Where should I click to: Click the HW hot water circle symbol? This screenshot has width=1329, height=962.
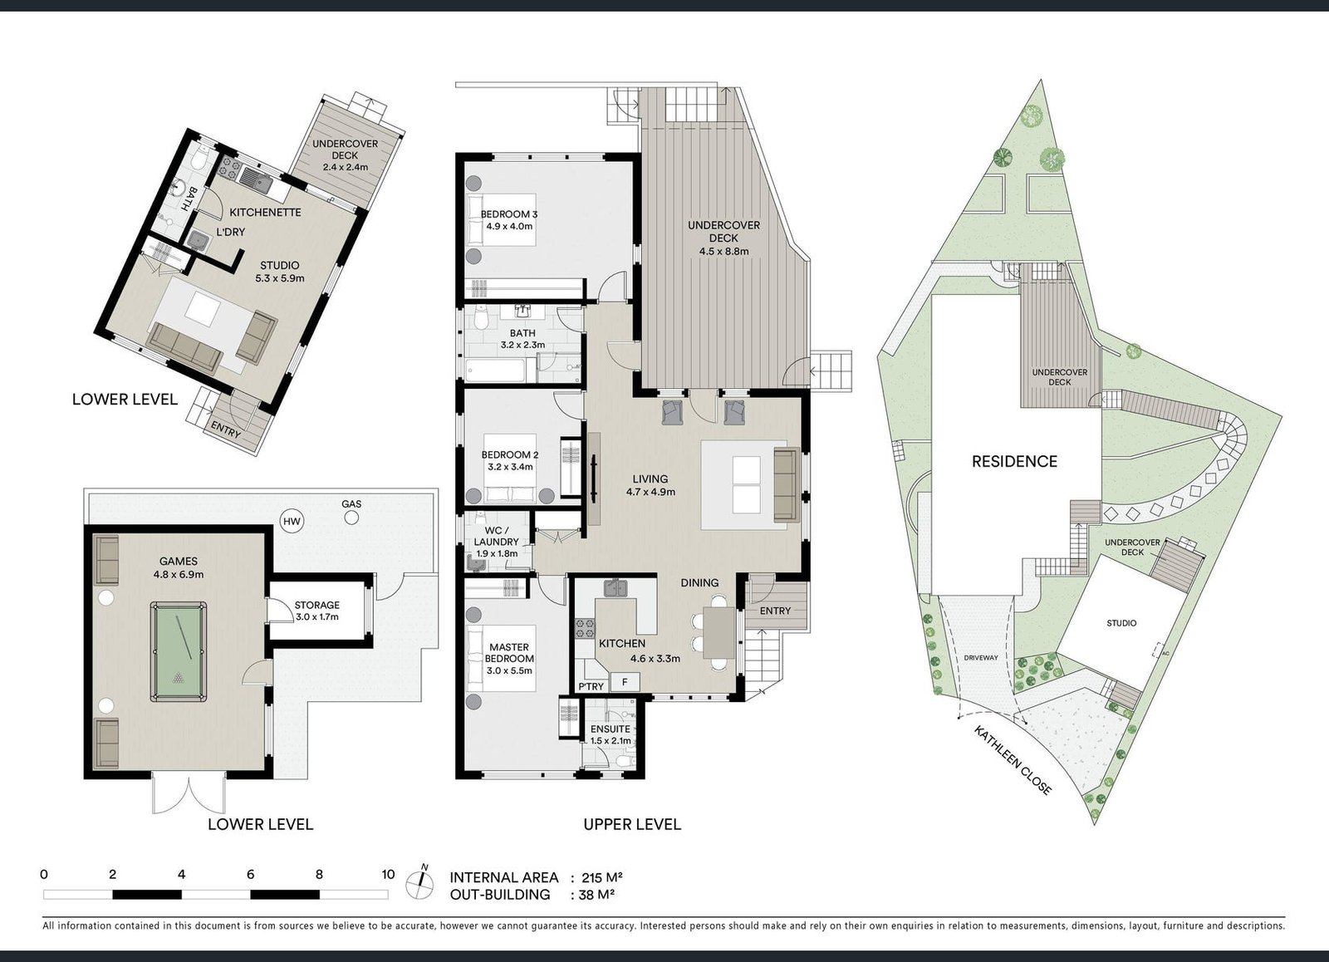[x=292, y=522]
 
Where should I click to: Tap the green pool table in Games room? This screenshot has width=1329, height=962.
[x=179, y=651]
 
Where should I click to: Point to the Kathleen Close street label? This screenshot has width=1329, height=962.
[x=1013, y=759]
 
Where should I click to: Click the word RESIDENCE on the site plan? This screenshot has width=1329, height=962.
[x=1014, y=461]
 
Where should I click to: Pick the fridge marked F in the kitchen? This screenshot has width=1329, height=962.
[x=625, y=683]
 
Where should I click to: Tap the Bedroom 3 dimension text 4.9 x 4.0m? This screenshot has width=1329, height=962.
[x=509, y=226]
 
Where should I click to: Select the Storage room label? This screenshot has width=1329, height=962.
[x=316, y=605]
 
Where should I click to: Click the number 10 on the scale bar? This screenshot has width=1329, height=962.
[x=388, y=874]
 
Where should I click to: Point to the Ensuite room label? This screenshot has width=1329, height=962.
[x=610, y=729]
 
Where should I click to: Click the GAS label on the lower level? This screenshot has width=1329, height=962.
[x=351, y=504]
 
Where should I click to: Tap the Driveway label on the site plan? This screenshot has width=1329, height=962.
[x=981, y=658]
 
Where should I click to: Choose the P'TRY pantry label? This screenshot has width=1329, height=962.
[x=591, y=687]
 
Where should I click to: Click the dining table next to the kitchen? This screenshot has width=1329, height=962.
[x=719, y=633]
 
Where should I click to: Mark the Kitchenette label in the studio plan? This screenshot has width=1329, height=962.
[x=265, y=212]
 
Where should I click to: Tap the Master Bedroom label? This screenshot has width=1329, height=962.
[x=509, y=653]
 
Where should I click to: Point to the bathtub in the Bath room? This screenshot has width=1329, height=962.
[x=496, y=371]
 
